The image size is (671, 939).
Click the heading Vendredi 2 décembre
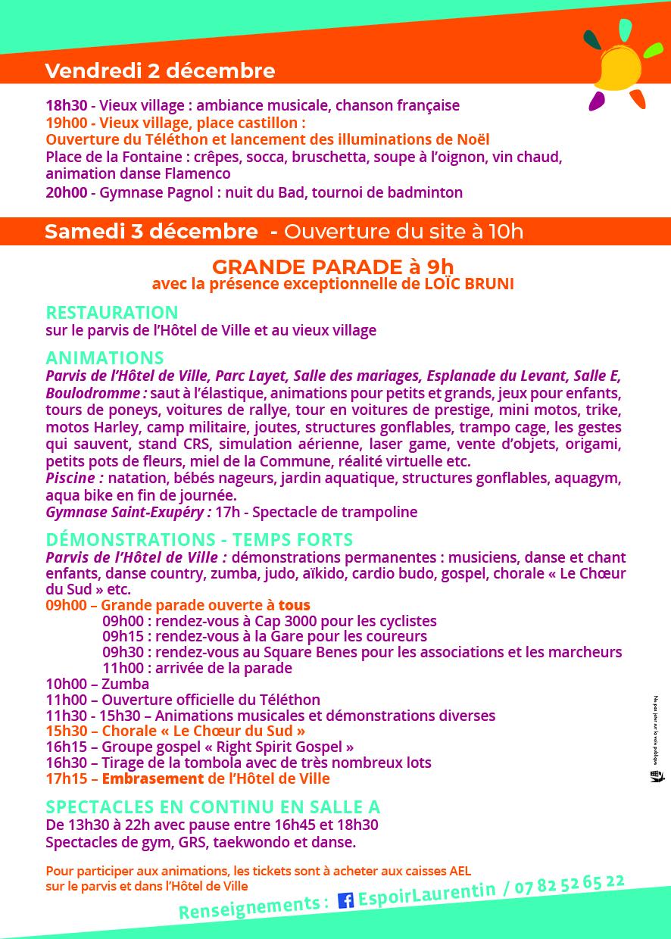[159, 71]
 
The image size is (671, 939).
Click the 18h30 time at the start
[66, 105]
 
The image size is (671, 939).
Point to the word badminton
[419, 192]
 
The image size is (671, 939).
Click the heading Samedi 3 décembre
[151, 231]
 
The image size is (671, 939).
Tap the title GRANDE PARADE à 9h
[332, 267]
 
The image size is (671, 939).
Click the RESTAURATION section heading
[112, 312]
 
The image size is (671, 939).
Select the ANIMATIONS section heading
[105, 357]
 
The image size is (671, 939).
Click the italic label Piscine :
[74, 479]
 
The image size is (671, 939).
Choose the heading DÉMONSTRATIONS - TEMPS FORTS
[199, 540]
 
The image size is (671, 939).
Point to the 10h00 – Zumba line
[97, 684]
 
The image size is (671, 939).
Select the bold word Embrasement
[152, 778]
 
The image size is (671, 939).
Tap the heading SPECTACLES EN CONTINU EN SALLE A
[213, 807]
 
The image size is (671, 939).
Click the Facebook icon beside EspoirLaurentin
[345, 900]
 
